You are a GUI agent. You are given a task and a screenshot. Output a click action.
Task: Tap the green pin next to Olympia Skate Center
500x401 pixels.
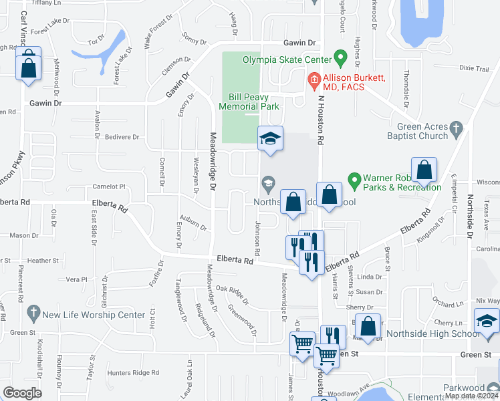click(340, 58)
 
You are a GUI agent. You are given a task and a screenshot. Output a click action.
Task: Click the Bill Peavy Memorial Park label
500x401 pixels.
click(253, 102)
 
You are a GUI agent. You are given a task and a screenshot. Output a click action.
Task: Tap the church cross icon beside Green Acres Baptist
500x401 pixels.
click(457, 128)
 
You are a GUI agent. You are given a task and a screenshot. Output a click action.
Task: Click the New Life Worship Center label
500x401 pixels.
click(94, 315)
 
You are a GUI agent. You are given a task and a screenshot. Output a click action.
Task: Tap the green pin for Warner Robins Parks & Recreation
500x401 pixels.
click(354, 180)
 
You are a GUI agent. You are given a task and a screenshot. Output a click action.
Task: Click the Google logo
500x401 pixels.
click(22, 392)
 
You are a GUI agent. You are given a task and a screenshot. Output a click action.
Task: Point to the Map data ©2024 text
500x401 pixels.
click(471, 396)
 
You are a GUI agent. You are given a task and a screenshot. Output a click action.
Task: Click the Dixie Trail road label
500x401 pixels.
click(475, 68)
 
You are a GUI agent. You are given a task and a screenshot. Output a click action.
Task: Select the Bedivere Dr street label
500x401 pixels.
click(122, 137)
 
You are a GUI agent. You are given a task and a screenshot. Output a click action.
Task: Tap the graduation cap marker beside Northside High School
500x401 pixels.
click(487, 321)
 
